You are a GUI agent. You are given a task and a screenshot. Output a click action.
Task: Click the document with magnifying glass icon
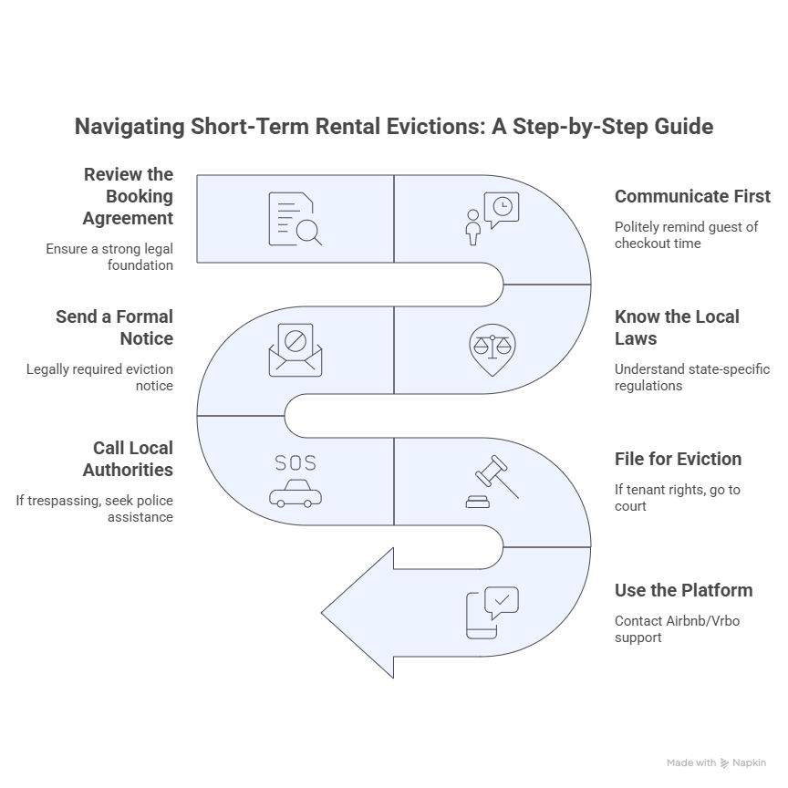click(x=295, y=219)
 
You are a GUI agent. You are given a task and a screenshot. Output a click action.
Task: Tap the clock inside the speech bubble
click(x=503, y=206)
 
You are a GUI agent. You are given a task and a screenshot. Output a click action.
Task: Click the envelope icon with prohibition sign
click(x=295, y=350)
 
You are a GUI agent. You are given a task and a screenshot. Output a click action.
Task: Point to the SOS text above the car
click(x=295, y=462)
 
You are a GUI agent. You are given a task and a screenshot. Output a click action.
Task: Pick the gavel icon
click(x=493, y=482)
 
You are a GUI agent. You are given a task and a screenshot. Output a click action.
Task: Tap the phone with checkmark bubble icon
click(x=493, y=613)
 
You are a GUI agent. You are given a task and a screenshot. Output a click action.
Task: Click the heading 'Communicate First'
click(x=692, y=196)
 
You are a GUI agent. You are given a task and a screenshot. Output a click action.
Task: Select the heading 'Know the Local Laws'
click(x=677, y=327)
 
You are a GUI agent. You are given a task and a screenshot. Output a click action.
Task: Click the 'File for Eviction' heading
click(x=678, y=459)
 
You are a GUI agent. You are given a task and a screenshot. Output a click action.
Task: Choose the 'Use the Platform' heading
click(x=683, y=590)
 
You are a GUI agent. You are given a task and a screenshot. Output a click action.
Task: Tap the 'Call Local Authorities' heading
click(x=129, y=459)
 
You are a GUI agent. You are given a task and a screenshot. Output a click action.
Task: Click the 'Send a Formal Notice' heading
click(x=115, y=327)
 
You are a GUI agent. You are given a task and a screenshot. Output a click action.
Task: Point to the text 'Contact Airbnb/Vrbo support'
click(x=677, y=629)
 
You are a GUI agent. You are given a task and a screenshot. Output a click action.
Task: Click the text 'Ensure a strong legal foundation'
click(x=109, y=257)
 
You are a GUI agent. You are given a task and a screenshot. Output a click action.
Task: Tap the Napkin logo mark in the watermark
click(x=724, y=763)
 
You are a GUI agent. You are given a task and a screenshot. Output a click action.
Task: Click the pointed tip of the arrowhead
click(x=321, y=613)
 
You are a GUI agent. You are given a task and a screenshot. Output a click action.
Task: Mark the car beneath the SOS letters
click(x=295, y=493)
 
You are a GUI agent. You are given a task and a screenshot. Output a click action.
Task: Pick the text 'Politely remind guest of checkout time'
click(x=686, y=235)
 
